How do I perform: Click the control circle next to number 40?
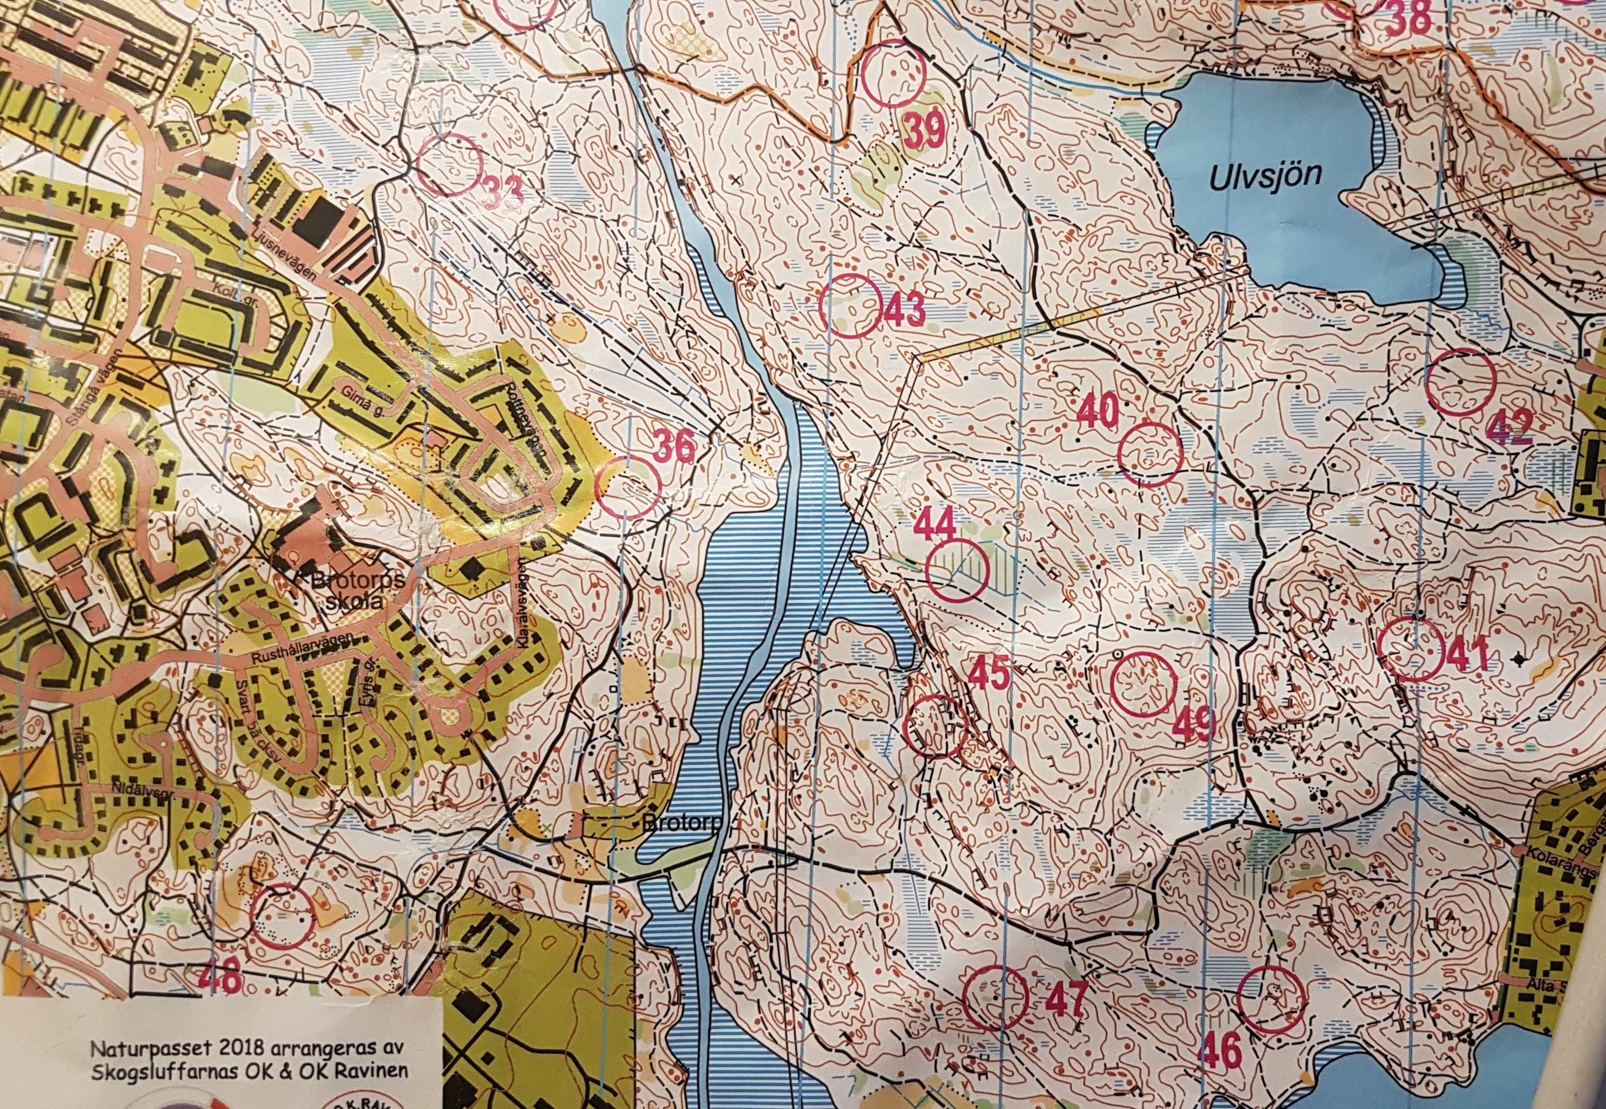(x=1150, y=454)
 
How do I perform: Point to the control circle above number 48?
(x=282, y=916)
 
